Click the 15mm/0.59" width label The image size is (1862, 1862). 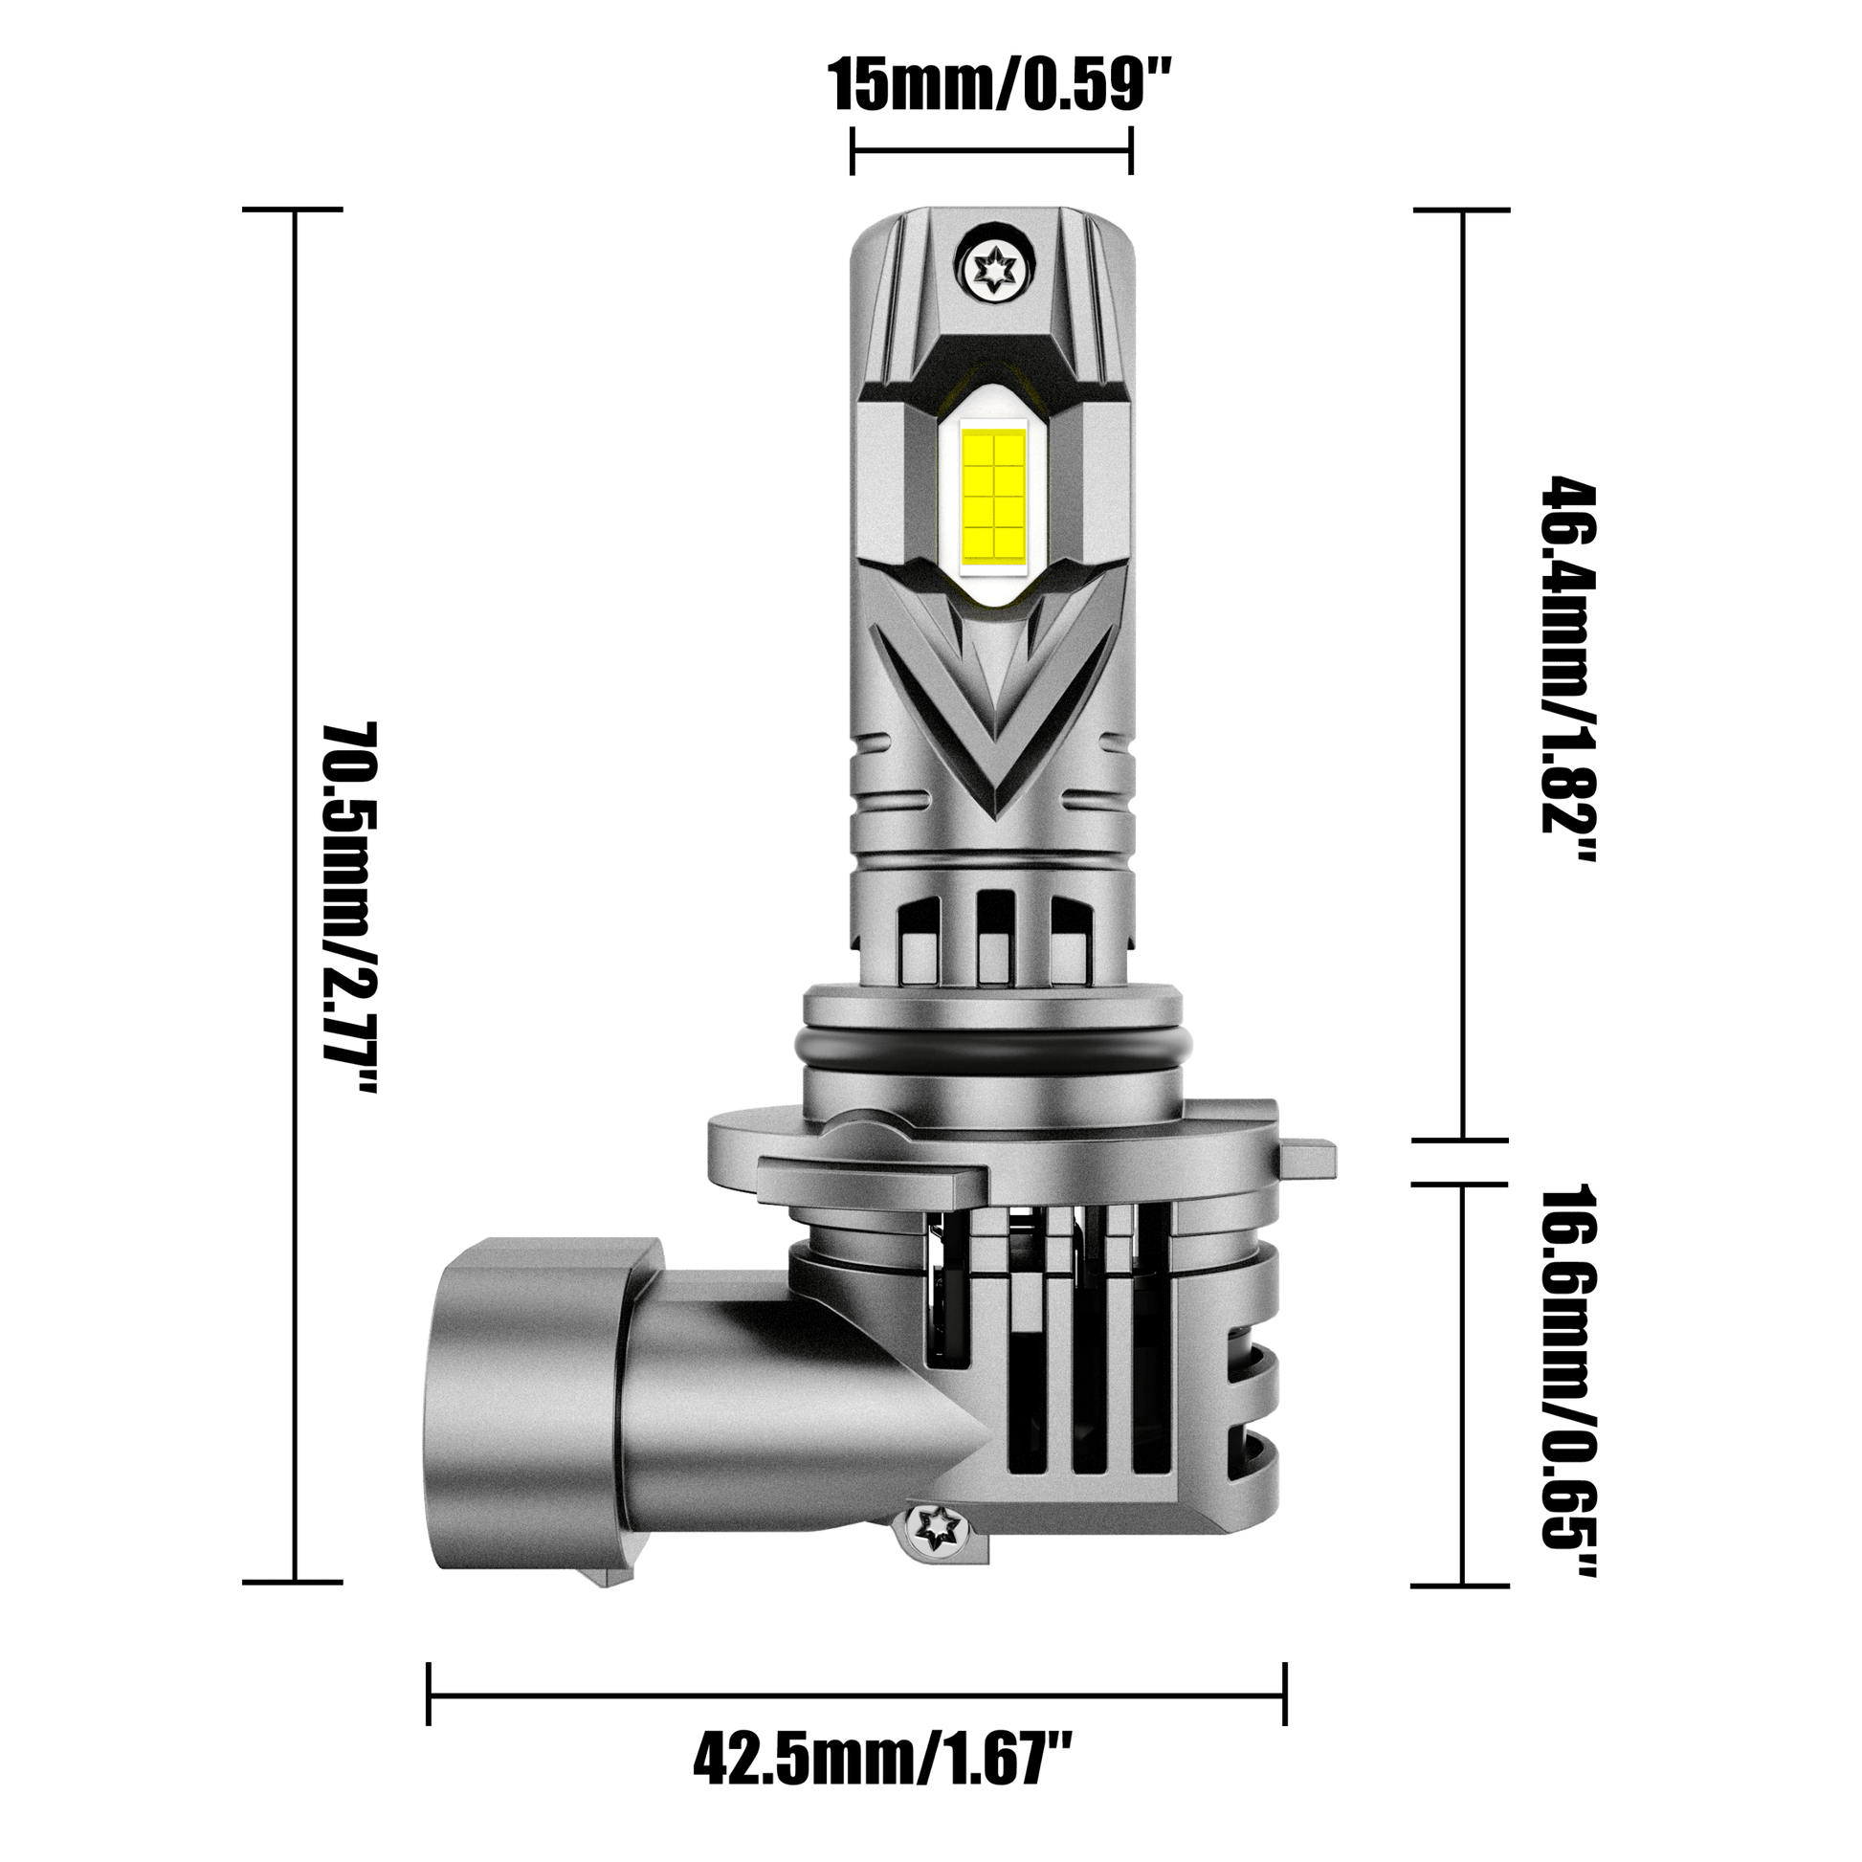click(x=1000, y=88)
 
